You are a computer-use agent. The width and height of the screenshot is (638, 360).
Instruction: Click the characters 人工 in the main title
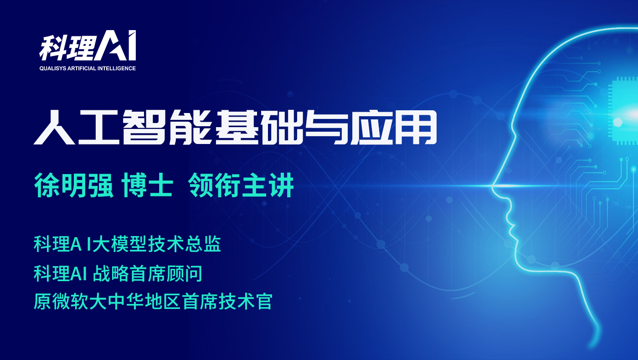coord(77,127)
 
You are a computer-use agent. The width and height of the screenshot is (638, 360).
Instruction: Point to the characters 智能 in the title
coord(167,127)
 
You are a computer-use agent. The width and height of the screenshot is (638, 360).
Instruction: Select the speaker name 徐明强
coord(74,185)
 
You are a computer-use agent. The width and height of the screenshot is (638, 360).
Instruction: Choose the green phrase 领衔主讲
coord(241,185)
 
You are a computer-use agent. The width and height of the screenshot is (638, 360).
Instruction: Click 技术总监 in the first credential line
coord(185,244)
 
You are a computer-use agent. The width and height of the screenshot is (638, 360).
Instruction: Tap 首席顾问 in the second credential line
coord(166,273)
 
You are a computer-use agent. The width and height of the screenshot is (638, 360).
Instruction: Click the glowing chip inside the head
coord(624,111)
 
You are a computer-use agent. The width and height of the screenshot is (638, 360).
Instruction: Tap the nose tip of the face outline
coord(493,186)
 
